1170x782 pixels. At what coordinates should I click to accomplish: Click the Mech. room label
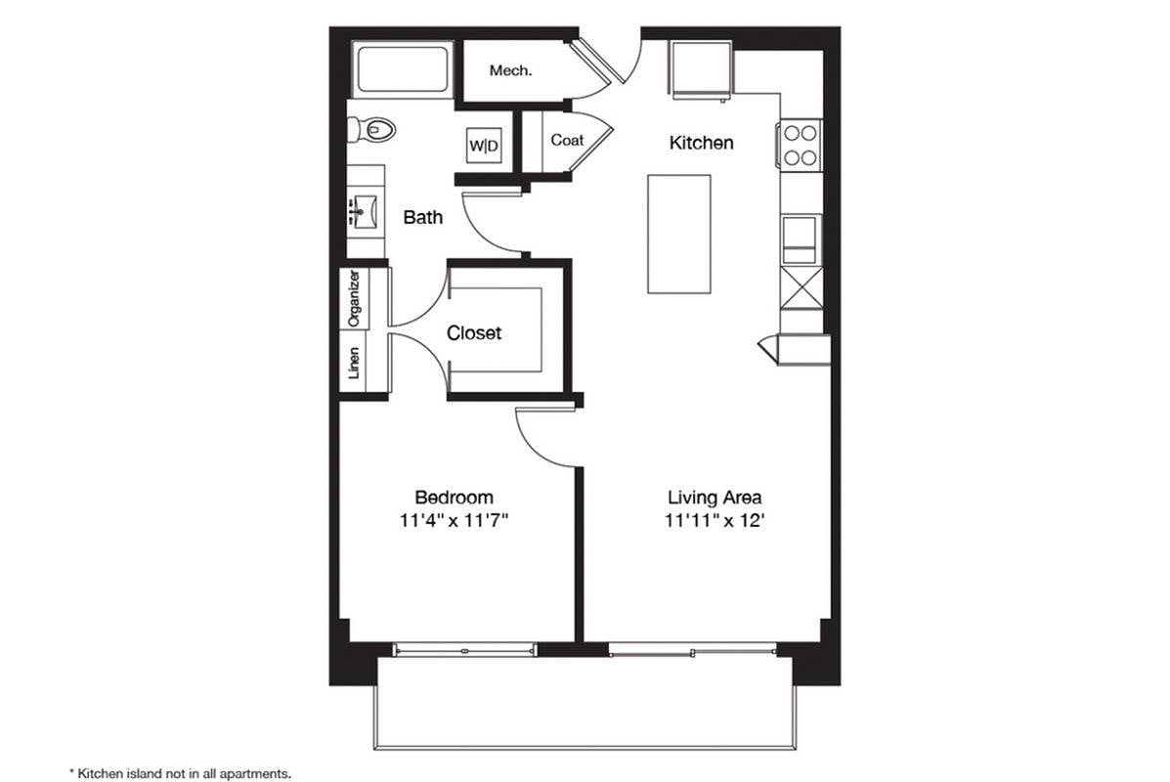510,71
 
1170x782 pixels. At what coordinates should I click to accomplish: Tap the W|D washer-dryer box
484,146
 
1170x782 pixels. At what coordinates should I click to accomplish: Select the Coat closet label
567,140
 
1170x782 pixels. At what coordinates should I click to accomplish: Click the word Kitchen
702,143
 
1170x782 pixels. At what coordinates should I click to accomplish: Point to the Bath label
423,217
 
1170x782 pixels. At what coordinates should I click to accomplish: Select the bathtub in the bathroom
402,70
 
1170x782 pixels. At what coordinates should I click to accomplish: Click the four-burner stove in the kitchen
800,145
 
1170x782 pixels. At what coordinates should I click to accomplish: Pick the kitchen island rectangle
679,235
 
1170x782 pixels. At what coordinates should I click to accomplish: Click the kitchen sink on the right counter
801,239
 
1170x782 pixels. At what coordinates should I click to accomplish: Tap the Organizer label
355,298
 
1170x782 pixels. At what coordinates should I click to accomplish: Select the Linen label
355,364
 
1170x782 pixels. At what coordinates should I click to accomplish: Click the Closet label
474,332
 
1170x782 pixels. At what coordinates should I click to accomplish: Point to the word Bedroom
454,497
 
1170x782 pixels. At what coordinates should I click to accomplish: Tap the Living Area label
715,497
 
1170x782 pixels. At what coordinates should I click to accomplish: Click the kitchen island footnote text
179,773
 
